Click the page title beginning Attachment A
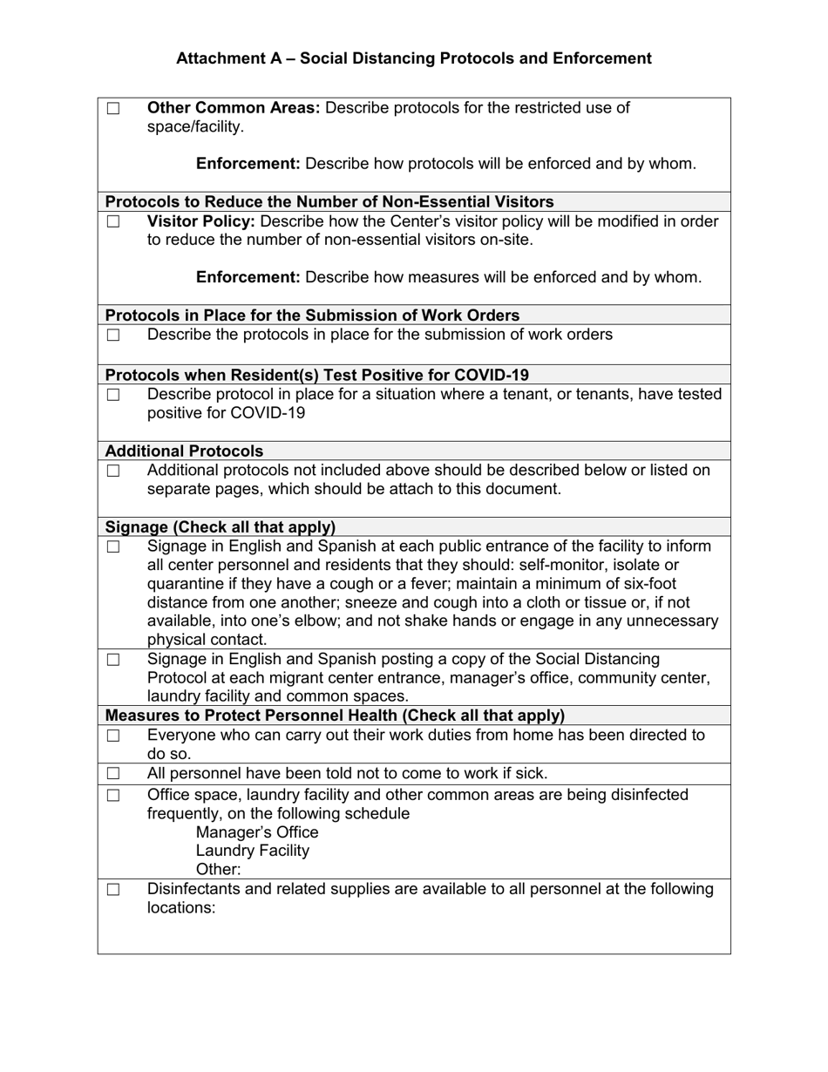pos(413,58)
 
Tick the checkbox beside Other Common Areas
pos(113,109)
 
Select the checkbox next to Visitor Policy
pos(113,222)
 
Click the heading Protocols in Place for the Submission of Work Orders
pos(312,315)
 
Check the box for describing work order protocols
pos(113,336)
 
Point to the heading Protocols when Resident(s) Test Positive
pos(316,376)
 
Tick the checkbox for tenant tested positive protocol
pos(113,395)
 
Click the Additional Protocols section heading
pos(184,451)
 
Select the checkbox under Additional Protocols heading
pos(113,472)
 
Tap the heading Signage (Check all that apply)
pos(220,527)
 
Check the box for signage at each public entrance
pos(113,547)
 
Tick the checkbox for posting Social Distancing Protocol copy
pos(113,660)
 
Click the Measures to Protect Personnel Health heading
pos(335,716)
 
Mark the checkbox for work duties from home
pos(113,736)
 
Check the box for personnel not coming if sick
pos(113,774)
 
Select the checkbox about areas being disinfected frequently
pos(113,796)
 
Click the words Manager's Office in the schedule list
pos(257,832)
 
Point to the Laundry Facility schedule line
pos(252,851)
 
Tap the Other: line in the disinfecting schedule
pos(218,870)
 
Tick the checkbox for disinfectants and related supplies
pos(113,890)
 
